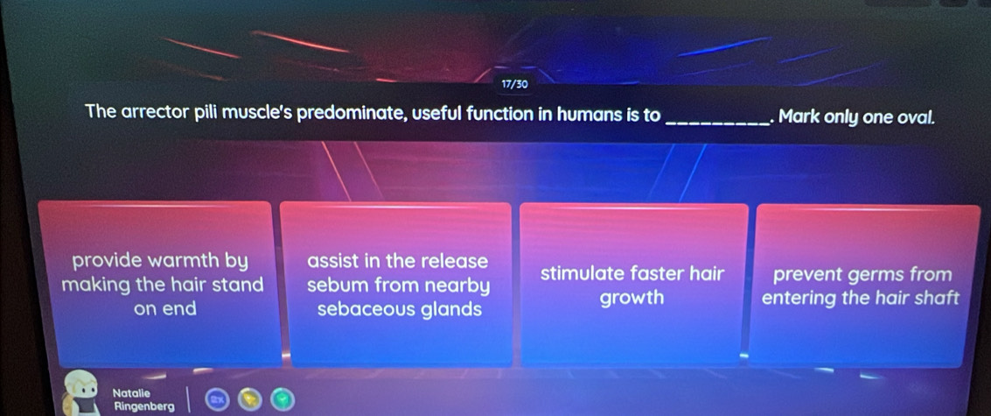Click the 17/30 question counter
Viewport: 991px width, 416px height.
(x=514, y=84)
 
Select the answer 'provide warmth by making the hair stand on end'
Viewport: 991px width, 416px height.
(x=162, y=285)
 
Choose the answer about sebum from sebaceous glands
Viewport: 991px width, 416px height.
(x=398, y=285)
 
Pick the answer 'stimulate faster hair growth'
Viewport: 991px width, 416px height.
(x=632, y=285)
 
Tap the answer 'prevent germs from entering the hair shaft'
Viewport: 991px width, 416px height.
(x=861, y=285)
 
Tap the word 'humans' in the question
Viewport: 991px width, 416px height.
(x=578, y=114)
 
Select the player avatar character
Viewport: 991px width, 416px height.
(x=85, y=391)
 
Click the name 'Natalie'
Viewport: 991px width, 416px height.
(x=132, y=395)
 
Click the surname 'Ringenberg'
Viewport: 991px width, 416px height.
(x=143, y=406)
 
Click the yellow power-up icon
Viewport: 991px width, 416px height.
(x=247, y=400)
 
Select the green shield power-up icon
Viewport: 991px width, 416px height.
(x=280, y=400)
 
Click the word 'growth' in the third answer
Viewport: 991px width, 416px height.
(x=632, y=298)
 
